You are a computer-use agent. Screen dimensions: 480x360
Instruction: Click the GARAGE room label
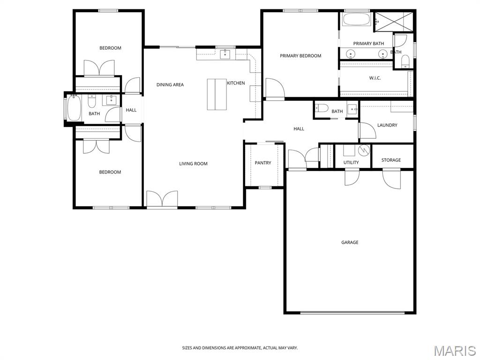click(350, 242)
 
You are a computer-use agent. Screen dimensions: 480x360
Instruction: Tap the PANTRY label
click(263, 163)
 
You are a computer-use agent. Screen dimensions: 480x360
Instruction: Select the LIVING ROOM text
click(193, 164)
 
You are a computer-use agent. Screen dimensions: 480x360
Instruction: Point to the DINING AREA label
click(170, 85)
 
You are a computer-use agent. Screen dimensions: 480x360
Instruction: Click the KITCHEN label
click(236, 83)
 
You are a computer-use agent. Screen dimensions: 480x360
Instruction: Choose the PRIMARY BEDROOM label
click(300, 56)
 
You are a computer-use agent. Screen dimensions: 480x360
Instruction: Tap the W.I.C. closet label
click(375, 78)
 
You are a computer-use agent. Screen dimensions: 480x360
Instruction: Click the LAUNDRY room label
click(387, 125)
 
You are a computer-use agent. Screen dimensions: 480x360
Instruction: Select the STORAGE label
click(391, 160)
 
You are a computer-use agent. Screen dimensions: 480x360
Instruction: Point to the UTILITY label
click(351, 163)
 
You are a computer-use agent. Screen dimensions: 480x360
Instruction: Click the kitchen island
click(217, 94)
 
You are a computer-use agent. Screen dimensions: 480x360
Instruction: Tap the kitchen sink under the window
click(225, 54)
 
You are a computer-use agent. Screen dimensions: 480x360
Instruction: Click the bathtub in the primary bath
click(357, 19)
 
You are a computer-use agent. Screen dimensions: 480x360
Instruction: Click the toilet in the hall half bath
click(322, 108)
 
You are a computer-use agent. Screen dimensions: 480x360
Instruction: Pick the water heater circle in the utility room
click(364, 150)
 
